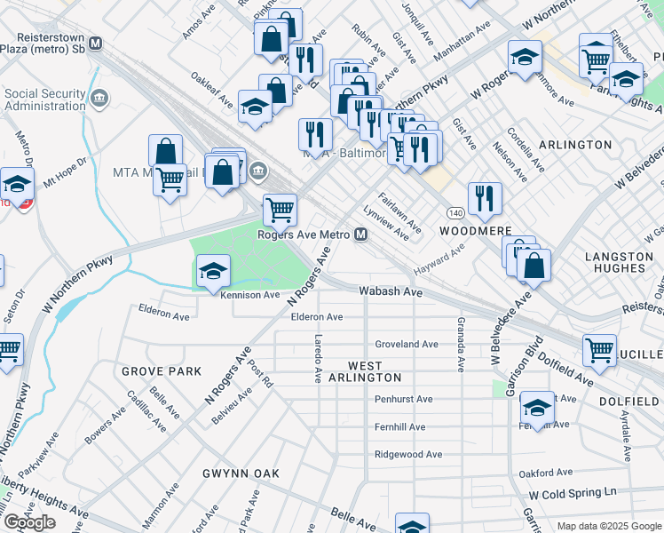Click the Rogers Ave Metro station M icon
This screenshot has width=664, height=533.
click(x=361, y=235)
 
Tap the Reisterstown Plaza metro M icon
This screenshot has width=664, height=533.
click(x=95, y=43)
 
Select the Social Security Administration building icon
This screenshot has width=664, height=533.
click(x=98, y=95)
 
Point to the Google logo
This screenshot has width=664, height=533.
click(x=29, y=521)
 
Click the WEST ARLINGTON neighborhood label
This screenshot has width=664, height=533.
click(x=365, y=371)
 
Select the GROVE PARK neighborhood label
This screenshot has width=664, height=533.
click(x=162, y=371)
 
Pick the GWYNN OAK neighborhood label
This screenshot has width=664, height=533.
click(x=241, y=473)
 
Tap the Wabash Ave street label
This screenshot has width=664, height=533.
click(x=390, y=290)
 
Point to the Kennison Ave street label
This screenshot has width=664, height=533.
click(x=250, y=294)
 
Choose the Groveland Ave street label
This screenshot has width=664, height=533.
click(x=407, y=344)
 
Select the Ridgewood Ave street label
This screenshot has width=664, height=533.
click(x=408, y=454)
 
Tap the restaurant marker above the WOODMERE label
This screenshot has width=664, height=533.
click(x=485, y=199)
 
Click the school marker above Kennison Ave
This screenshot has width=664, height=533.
click(x=213, y=271)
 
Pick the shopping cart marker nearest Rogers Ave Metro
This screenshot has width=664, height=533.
click(x=281, y=211)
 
